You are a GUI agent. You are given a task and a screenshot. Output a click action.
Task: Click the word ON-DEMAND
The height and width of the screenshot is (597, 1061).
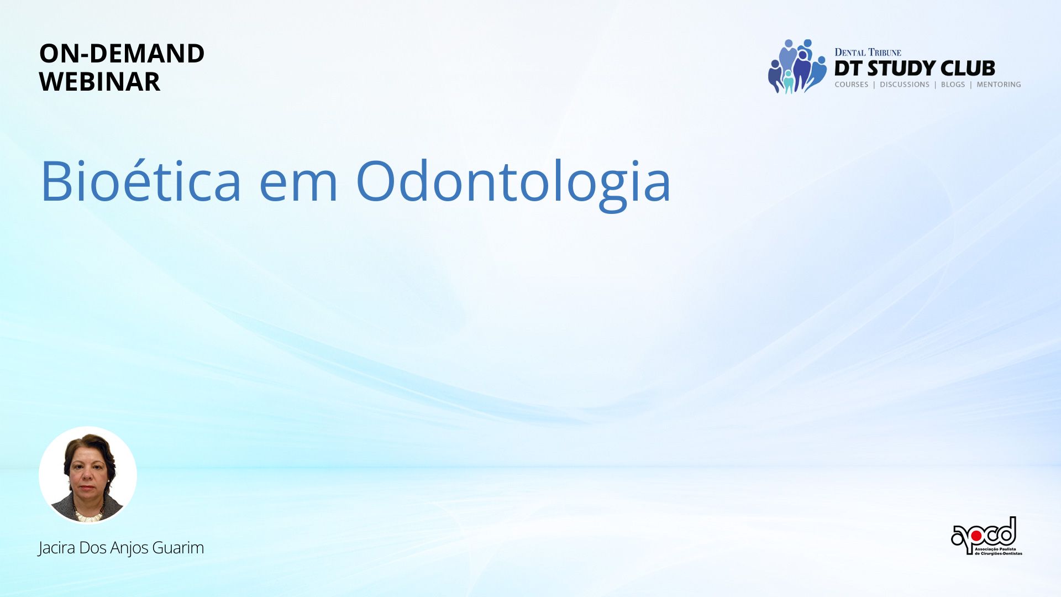click(x=122, y=54)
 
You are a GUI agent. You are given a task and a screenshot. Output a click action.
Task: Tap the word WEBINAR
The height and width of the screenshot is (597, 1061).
click(x=99, y=82)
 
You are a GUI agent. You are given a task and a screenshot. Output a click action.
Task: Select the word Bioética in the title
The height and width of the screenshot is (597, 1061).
click(x=141, y=181)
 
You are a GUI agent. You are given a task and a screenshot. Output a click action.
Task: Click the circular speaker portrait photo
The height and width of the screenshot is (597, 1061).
click(x=88, y=475)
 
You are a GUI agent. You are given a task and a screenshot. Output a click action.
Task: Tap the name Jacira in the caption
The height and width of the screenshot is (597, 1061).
click(x=57, y=548)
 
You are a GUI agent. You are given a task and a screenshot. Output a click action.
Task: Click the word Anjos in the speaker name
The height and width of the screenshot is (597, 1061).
click(x=130, y=548)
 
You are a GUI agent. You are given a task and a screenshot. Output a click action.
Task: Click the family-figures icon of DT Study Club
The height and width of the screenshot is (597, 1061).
click(x=797, y=66)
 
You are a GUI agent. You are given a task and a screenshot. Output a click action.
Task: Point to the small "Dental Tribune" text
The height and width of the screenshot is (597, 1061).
click(x=868, y=53)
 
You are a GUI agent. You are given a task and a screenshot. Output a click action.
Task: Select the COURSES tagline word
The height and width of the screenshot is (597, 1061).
click(x=852, y=85)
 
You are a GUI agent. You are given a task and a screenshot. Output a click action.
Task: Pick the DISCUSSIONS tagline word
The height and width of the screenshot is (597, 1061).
click(x=905, y=85)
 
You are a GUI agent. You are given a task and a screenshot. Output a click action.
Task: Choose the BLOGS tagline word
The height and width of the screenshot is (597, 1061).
click(x=953, y=85)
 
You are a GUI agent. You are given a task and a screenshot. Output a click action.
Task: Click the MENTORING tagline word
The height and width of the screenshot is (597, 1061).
click(x=999, y=85)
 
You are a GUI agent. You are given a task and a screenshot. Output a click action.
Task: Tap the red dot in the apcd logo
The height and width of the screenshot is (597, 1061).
click(x=976, y=536)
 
